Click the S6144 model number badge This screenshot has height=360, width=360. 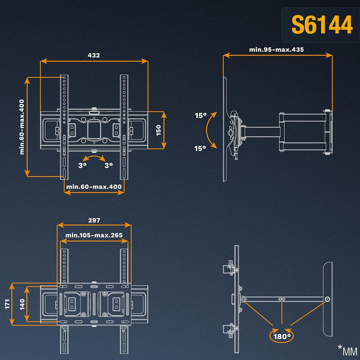322,25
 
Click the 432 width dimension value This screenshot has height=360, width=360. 94,55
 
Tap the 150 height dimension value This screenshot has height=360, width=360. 158,130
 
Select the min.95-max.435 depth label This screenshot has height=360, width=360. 276,50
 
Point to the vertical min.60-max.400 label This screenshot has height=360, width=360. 22,127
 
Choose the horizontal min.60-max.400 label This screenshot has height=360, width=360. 94,187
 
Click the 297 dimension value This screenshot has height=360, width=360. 94,220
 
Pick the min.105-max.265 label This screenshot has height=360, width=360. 94,235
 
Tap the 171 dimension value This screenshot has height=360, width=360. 7,304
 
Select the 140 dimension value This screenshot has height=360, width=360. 22,304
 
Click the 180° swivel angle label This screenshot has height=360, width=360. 282,337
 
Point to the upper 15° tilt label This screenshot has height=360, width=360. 201,115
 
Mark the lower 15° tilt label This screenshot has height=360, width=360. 200,149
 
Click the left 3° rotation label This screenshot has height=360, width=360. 82,165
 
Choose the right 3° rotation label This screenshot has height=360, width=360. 109,165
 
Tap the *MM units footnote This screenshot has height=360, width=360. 347,350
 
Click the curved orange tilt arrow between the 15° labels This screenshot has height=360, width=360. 207,130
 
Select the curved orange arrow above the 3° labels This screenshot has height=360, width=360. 94,156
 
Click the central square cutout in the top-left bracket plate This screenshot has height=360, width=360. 94,130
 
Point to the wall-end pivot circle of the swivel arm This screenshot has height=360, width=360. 328,299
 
